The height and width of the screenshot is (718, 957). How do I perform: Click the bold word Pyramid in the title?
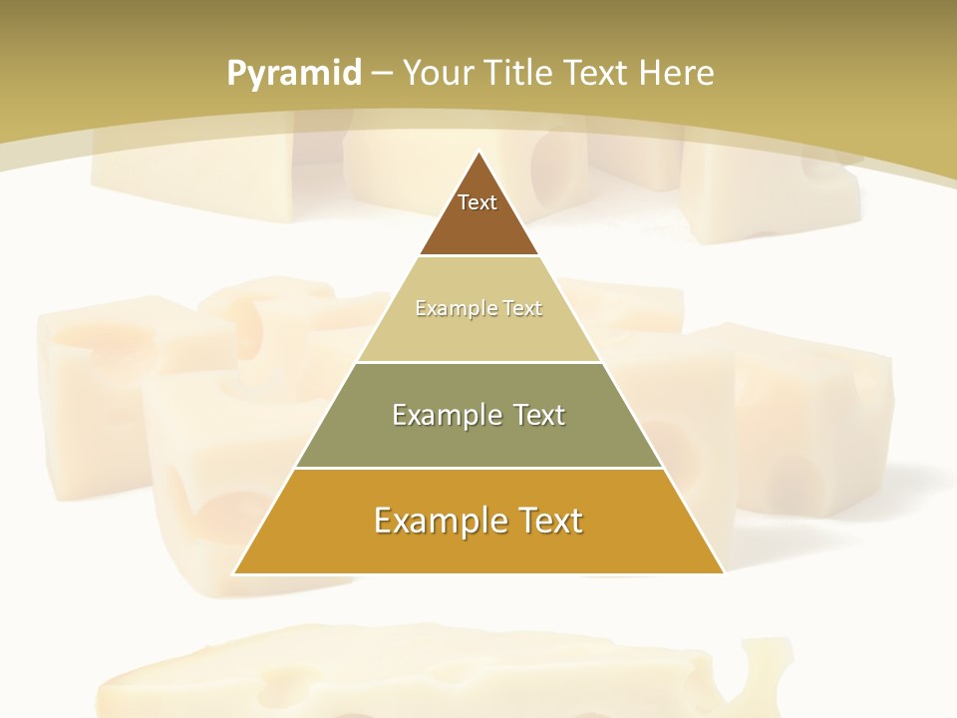tap(293, 74)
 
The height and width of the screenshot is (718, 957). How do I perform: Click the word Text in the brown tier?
tap(478, 202)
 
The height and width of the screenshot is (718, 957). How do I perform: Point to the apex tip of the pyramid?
tap(478, 153)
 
